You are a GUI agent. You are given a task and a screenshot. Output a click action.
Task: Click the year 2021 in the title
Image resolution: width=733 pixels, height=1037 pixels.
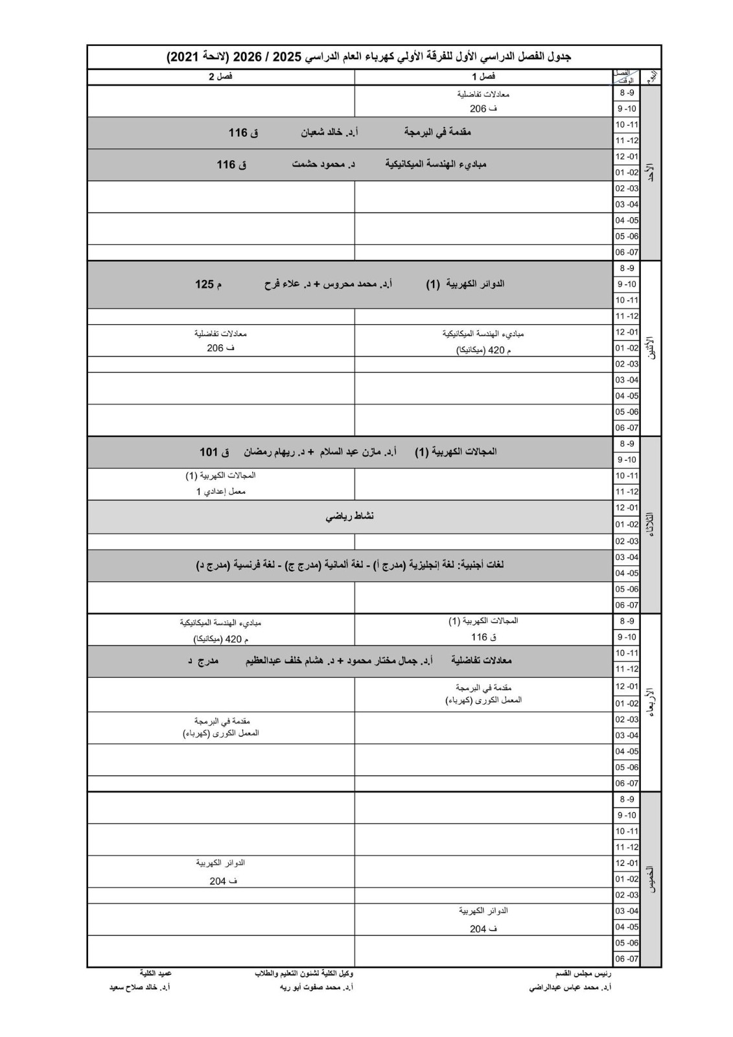(x=184, y=57)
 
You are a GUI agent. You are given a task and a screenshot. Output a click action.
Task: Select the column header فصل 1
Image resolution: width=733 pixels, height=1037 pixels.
(x=483, y=76)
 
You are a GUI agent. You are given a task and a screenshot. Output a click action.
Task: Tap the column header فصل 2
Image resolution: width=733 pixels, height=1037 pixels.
(x=220, y=76)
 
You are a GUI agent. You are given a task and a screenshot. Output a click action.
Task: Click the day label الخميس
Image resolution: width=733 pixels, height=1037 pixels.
(x=651, y=880)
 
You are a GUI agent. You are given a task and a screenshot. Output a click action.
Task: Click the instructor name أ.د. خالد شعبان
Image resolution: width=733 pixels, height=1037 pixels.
(x=329, y=133)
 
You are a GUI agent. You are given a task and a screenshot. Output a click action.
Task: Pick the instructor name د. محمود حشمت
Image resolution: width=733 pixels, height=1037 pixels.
(x=323, y=165)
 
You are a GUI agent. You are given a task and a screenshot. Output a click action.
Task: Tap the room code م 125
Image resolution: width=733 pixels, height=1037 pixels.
(x=208, y=284)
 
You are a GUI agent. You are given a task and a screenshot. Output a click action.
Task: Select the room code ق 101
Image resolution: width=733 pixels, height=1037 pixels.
(x=214, y=452)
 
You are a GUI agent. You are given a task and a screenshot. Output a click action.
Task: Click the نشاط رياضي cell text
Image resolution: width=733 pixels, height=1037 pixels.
(x=350, y=516)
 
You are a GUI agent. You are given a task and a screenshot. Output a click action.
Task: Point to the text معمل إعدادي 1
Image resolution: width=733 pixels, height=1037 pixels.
(x=221, y=491)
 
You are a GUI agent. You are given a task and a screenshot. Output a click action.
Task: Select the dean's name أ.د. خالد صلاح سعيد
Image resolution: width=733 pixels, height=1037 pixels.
(x=139, y=988)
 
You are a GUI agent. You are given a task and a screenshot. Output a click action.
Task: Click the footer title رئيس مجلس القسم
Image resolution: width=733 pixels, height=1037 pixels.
(x=583, y=973)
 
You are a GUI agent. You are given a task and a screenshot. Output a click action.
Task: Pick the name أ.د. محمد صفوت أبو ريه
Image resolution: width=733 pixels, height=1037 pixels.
(x=316, y=988)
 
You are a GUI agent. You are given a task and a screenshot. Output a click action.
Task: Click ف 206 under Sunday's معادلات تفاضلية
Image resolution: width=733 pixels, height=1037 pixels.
(x=483, y=109)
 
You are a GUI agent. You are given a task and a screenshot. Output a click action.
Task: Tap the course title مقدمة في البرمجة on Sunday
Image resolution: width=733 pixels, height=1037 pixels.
(x=437, y=133)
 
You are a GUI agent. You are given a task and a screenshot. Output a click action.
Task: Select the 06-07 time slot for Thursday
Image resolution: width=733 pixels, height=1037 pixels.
(x=627, y=959)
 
